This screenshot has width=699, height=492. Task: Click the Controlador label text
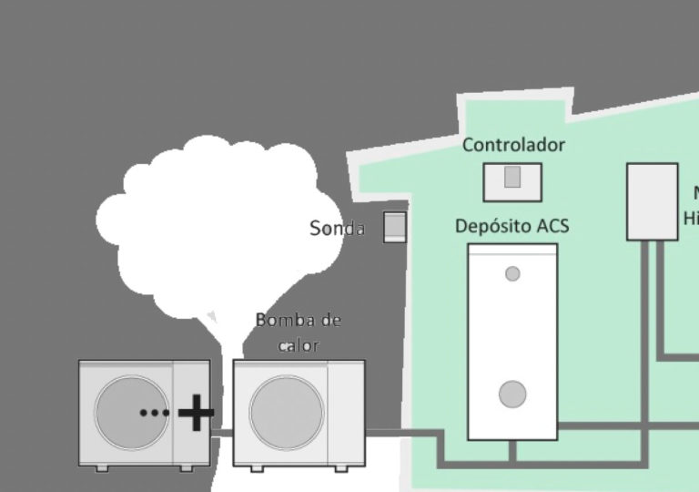coord(513,145)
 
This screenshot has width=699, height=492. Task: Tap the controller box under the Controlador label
coord(512,181)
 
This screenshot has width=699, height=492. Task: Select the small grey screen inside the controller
coord(512,177)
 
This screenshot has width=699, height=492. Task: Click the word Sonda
coord(337,229)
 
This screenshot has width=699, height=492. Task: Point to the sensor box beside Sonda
coord(394,227)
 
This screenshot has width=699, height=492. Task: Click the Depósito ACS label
coord(512,225)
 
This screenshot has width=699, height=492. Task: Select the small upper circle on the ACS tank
coord(512,273)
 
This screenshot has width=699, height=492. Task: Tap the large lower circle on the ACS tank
coord(512,395)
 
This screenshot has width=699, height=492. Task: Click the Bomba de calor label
coord(298,333)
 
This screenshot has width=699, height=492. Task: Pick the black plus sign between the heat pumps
coord(196,413)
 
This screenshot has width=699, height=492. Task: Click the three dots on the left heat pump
coord(155,413)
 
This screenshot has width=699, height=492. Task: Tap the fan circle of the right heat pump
coord(286,412)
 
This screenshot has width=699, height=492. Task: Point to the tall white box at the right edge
coord(652,201)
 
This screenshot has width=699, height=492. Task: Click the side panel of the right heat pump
coord(346,412)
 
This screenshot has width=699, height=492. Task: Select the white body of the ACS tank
coord(512,337)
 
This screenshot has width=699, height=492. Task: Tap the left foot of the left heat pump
coord(100,468)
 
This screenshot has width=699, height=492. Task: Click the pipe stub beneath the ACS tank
coord(512,451)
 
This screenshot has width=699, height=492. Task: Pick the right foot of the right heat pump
coord(341,468)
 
